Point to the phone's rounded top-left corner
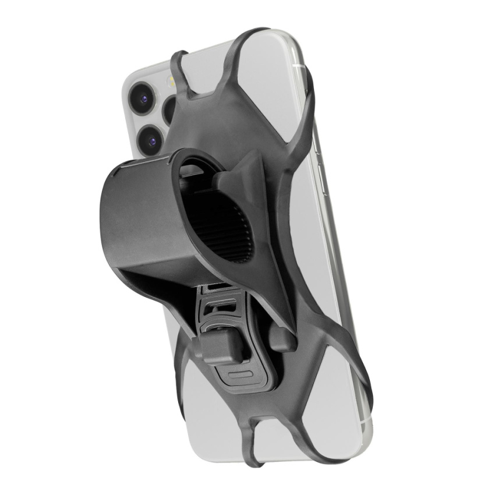tap(131, 73)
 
